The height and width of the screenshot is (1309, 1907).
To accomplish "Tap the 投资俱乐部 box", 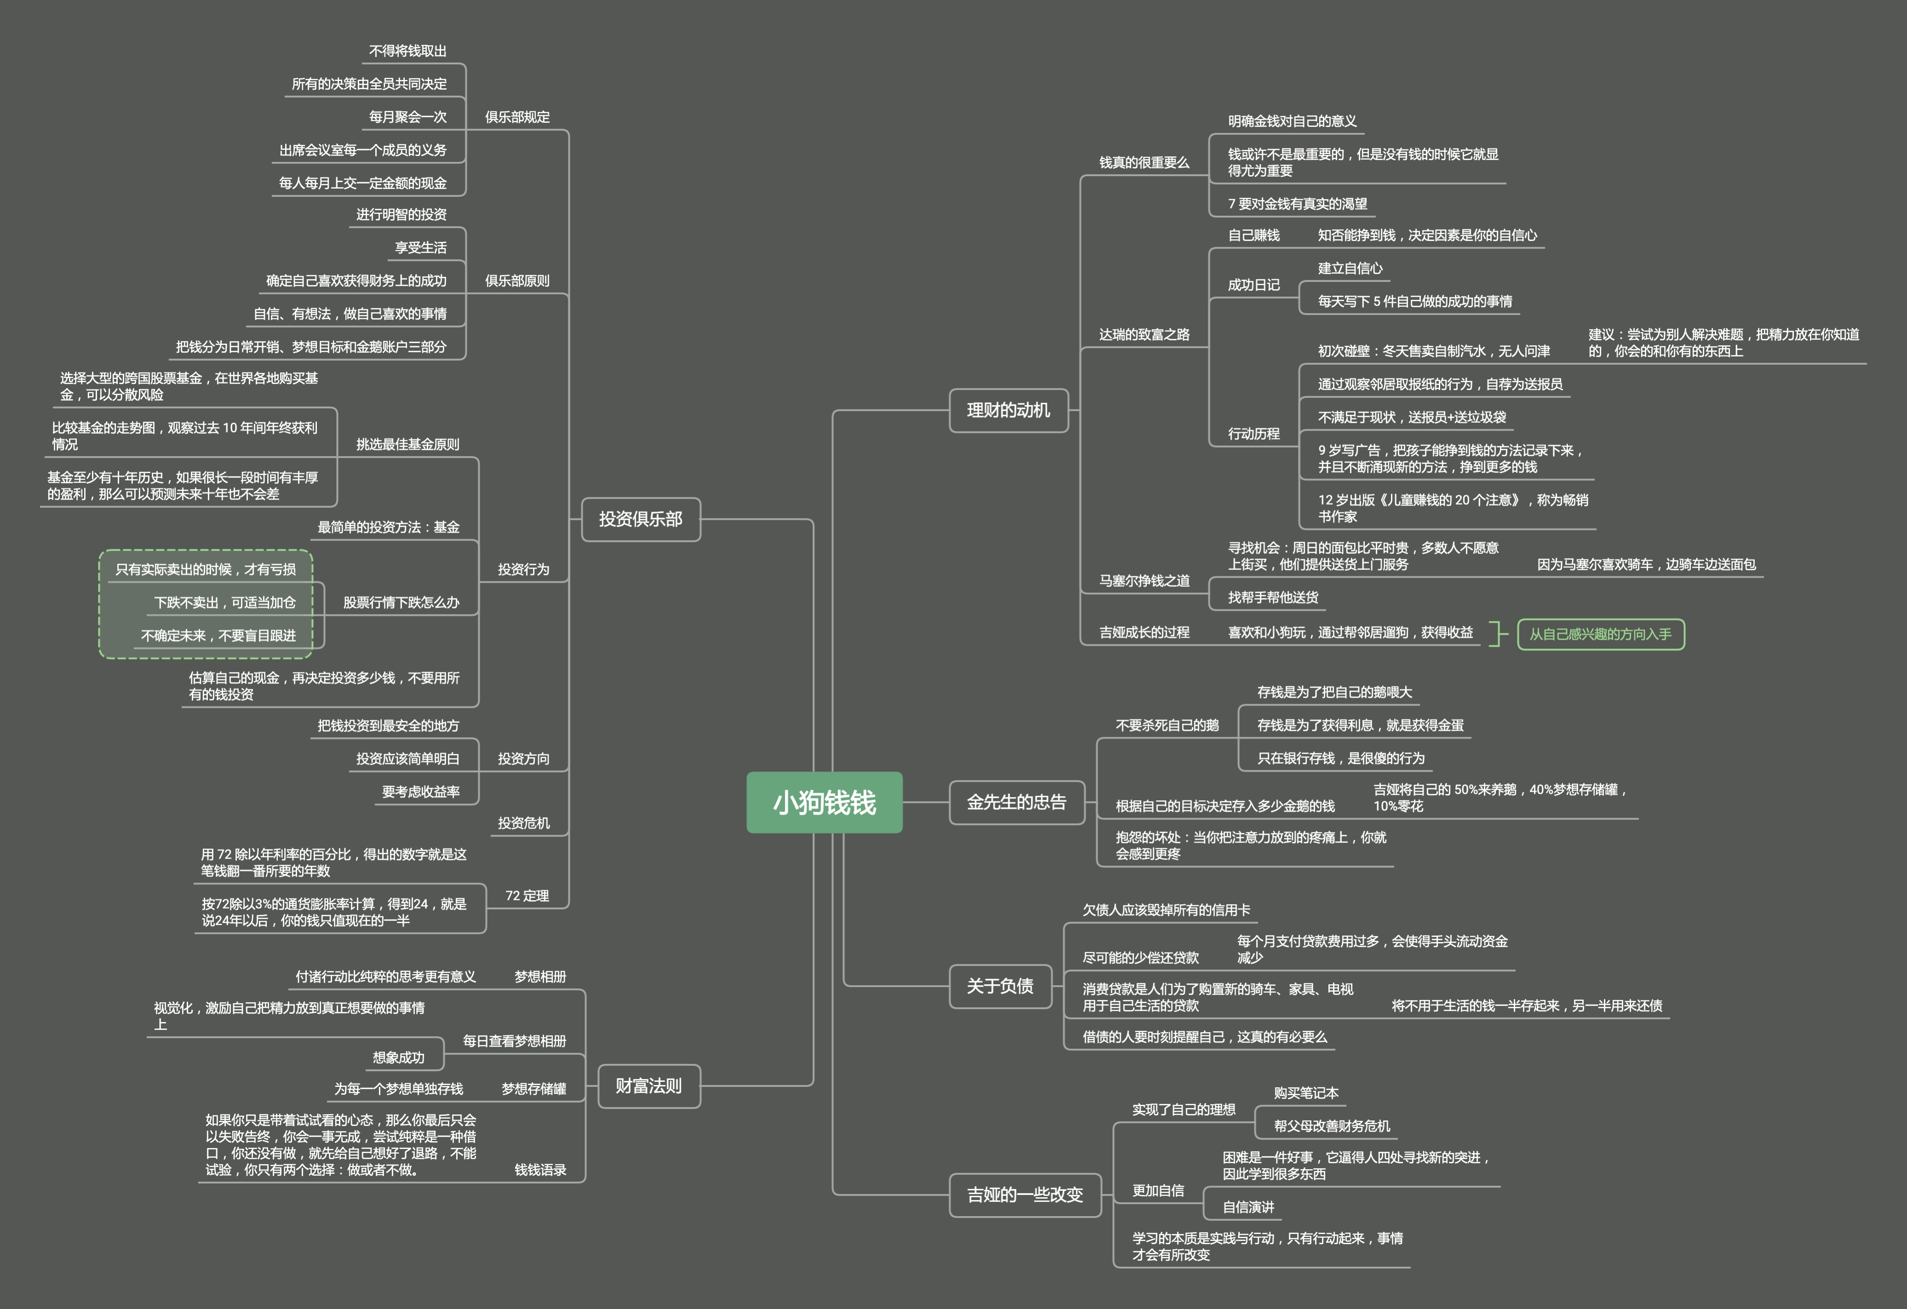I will tap(640, 519).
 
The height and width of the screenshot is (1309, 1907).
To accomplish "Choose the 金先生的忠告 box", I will tap(1016, 802).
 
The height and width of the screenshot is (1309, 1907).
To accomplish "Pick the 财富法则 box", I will tap(648, 1086).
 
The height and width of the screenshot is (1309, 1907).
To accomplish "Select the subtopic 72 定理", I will tap(527, 896).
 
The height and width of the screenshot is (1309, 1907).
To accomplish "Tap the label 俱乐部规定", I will tap(517, 116).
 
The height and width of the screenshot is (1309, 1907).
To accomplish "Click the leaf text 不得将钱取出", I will tap(408, 51).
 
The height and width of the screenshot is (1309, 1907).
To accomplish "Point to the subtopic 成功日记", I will tap(1253, 285).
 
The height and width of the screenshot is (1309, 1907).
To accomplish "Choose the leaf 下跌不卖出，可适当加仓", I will tap(225, 603).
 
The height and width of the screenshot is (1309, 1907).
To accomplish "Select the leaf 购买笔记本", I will tap(1305, 1092).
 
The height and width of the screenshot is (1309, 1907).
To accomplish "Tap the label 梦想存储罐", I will tap(534, 1088).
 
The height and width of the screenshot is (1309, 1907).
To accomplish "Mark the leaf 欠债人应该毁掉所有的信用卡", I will tap(1166, 909).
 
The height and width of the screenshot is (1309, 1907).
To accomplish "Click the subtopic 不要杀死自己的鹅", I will tap(1167, 725).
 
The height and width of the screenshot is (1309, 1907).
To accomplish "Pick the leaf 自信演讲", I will tap(1248, 1206).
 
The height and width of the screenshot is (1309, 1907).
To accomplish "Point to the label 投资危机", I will tap(523, 822).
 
